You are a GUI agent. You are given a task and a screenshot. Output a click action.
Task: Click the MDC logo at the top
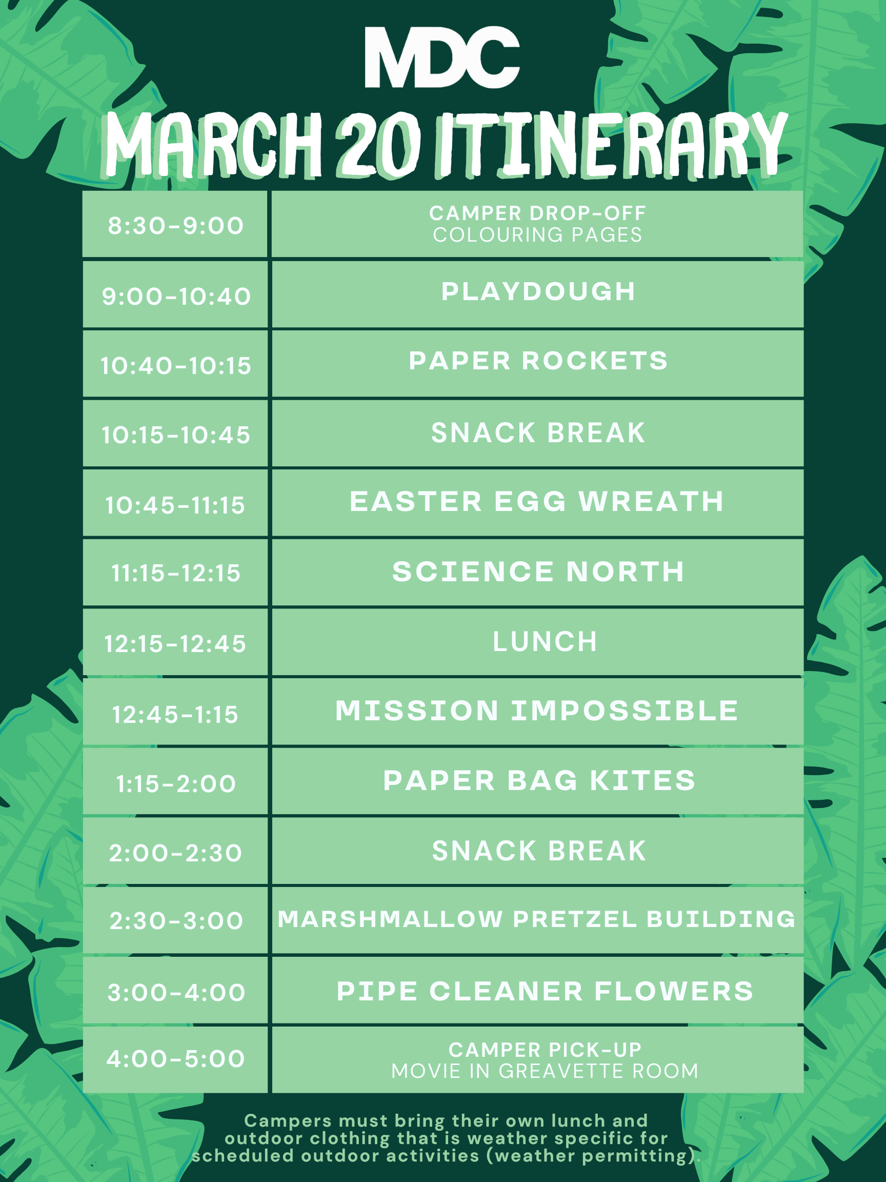coord(442,57)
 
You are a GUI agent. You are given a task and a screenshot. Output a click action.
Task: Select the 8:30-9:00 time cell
coord(176,226)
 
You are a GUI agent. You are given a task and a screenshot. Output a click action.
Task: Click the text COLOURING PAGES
coord(537,235)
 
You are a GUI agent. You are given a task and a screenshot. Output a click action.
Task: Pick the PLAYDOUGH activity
coord(538,292)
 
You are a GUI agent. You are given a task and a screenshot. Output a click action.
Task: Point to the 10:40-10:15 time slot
coord(176,366)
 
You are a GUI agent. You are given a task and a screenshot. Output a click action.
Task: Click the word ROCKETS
coord(595,361)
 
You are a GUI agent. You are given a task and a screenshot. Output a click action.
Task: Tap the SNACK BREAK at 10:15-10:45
coord(538,433)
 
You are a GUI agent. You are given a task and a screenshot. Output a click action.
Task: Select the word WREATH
coord(652,502)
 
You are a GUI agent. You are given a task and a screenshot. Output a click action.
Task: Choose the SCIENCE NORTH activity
coord(538,572)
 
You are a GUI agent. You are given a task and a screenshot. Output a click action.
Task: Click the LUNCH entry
coord(545,642)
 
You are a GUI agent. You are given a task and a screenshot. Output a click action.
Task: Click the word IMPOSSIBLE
coord(625,711)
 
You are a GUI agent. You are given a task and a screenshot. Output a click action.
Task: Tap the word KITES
coord(643,781)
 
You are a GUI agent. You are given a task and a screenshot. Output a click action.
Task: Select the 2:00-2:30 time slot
coord(176,853)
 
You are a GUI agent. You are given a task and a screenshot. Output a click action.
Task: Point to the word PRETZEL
coord(575,920)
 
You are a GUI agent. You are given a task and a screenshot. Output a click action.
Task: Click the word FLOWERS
coord(674,992)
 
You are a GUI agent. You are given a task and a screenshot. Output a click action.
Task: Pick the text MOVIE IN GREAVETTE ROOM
coord(545,1071)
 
